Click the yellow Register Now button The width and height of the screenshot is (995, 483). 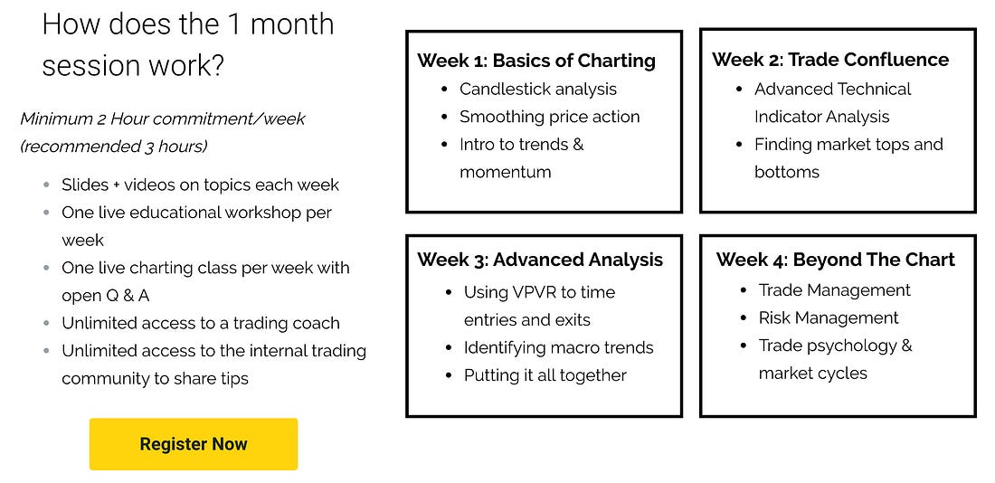194,444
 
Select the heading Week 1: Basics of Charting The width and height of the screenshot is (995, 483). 536,61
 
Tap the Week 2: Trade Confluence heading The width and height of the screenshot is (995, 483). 830,60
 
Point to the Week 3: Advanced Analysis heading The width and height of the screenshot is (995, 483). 540,260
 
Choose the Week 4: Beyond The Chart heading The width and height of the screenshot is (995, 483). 836,260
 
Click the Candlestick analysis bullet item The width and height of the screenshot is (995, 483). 538,90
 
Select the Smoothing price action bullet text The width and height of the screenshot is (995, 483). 550,117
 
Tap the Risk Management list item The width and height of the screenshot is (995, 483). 829,318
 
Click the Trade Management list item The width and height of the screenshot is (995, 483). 835,290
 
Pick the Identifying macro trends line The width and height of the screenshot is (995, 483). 558,348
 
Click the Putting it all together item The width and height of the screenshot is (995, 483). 545,375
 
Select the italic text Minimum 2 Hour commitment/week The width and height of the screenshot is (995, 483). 163,118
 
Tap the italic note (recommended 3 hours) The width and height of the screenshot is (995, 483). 114,147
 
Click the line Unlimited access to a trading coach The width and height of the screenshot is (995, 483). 201,323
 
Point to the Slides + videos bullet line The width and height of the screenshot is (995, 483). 201,185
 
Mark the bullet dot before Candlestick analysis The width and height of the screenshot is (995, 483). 443,90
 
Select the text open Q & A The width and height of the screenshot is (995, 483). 105,296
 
